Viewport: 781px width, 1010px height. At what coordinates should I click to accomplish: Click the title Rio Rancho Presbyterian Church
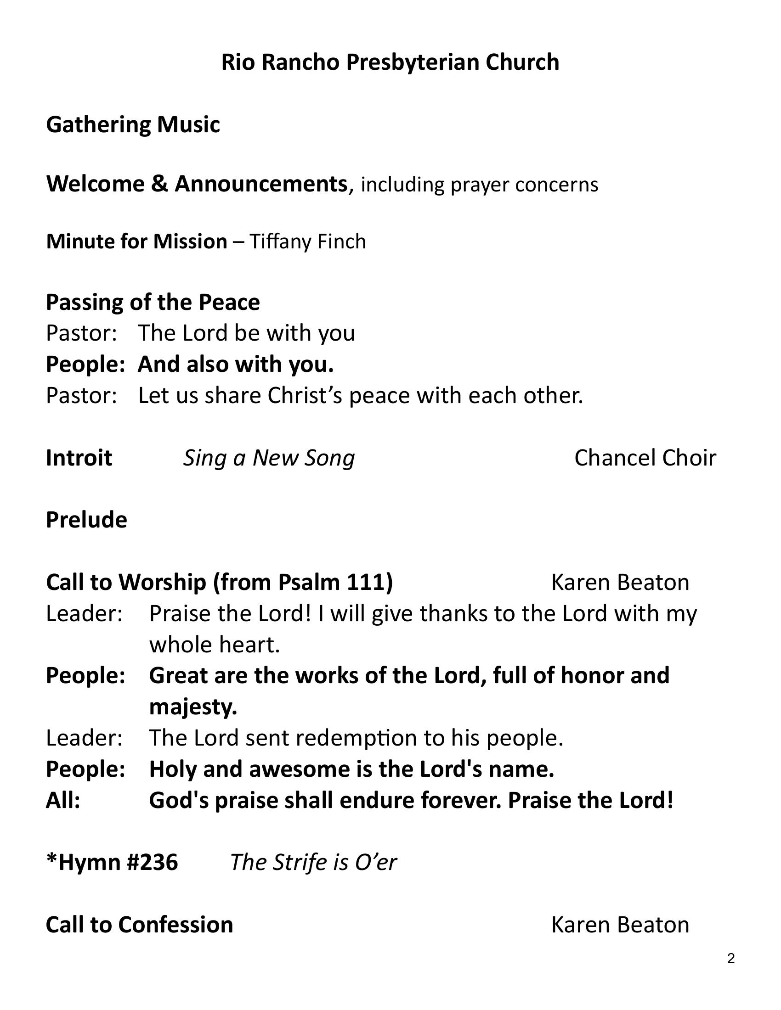click(390, 62)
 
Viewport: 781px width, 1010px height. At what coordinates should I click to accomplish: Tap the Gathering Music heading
click(133, 125)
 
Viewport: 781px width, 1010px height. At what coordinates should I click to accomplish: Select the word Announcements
click(260, 184)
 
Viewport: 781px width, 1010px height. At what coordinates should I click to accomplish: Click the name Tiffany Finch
click(308, 242)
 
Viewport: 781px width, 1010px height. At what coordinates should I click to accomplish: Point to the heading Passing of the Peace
click(153, 303)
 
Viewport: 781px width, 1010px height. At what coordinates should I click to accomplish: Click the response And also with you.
click(236, 365)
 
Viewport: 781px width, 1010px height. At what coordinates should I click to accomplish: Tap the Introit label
click(79, 458)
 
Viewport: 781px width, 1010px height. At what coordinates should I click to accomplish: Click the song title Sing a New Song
click(269, 458)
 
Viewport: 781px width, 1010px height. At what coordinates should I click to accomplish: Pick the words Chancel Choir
click(645, 458)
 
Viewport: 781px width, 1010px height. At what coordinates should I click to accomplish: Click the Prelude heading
click(86, 520)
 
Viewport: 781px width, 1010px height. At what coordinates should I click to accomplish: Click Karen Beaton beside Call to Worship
click(620, 582)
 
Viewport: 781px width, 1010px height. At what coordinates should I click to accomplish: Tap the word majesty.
click(193, 707)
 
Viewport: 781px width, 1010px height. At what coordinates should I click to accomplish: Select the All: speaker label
click(63, 801)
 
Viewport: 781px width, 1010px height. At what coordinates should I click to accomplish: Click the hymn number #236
click(152, 863)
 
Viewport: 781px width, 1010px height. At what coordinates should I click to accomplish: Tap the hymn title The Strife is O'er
click(313, 863)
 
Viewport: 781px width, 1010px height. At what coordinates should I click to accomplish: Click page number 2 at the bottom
click(730, 959)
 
